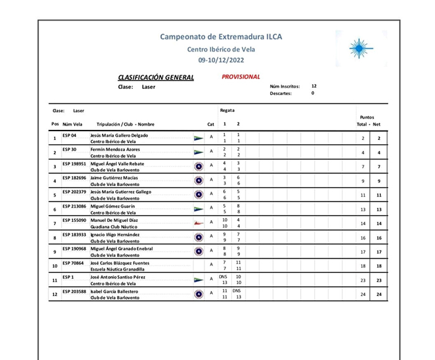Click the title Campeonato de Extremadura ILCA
pyautogui.click(x=221, y=37)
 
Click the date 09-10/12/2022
pyautogui.click(x=221, y=60)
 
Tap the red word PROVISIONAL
pyautogui.click(x=240, y=77)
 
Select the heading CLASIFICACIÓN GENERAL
pyautogui.click(x=156, y=78)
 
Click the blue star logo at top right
pyautogui.click(x=359, y=48)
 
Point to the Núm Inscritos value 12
pyautogui.click(x=314, y=86)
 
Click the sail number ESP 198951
pyautogui.click(x=75, y=164)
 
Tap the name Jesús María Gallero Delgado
pyautogui.click(x=119, y=135)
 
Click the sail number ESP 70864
pyautogui.click(x=73, y=263)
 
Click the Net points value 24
pyautogui.click(x=378, y=294)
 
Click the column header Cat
pyautogui.click(x=211, y=124)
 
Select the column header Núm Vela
pyautogui.click(x=73, y=124)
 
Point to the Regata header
pyautogui.click(x=227, y=109)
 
